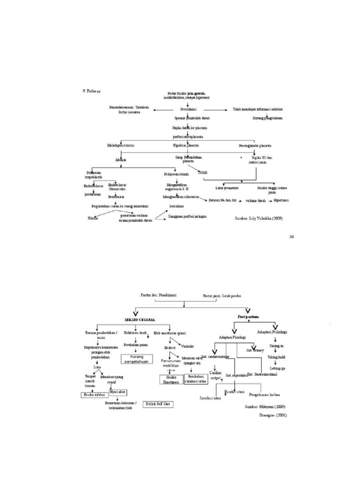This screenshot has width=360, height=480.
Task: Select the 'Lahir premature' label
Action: click(227, 187)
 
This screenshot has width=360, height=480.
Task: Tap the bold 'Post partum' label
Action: click(247, 317)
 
